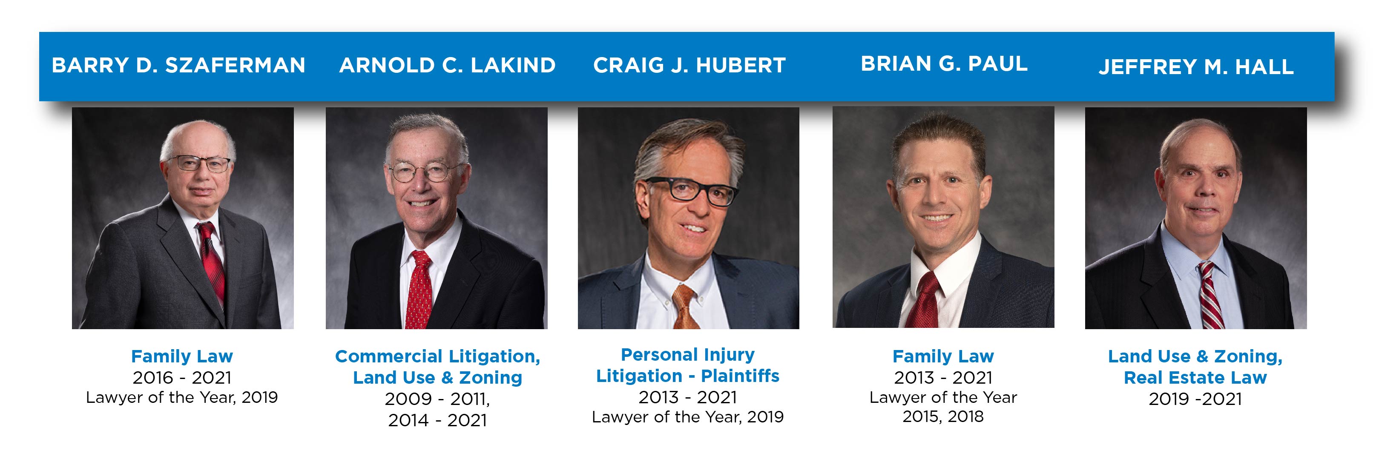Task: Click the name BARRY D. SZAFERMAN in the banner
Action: [x=178, y=65]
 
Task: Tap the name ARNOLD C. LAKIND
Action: [x=448, y=65]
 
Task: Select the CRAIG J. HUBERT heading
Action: [x=689, y=65]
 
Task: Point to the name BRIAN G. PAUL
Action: [x=944, y=64]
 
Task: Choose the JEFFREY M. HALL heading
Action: [x=1196, y=67]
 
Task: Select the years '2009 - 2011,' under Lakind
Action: [x=437, y=399]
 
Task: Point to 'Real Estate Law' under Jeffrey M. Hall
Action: [x=1195, y=378]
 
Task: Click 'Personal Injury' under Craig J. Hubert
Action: [x=687, y=355]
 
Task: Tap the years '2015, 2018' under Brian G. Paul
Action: [x=943, y=417]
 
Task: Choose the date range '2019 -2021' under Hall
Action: [x=1195, y=399]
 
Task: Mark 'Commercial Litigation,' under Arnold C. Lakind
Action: [x=437, y=356]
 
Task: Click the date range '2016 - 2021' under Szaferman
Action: [x=182, y=378]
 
